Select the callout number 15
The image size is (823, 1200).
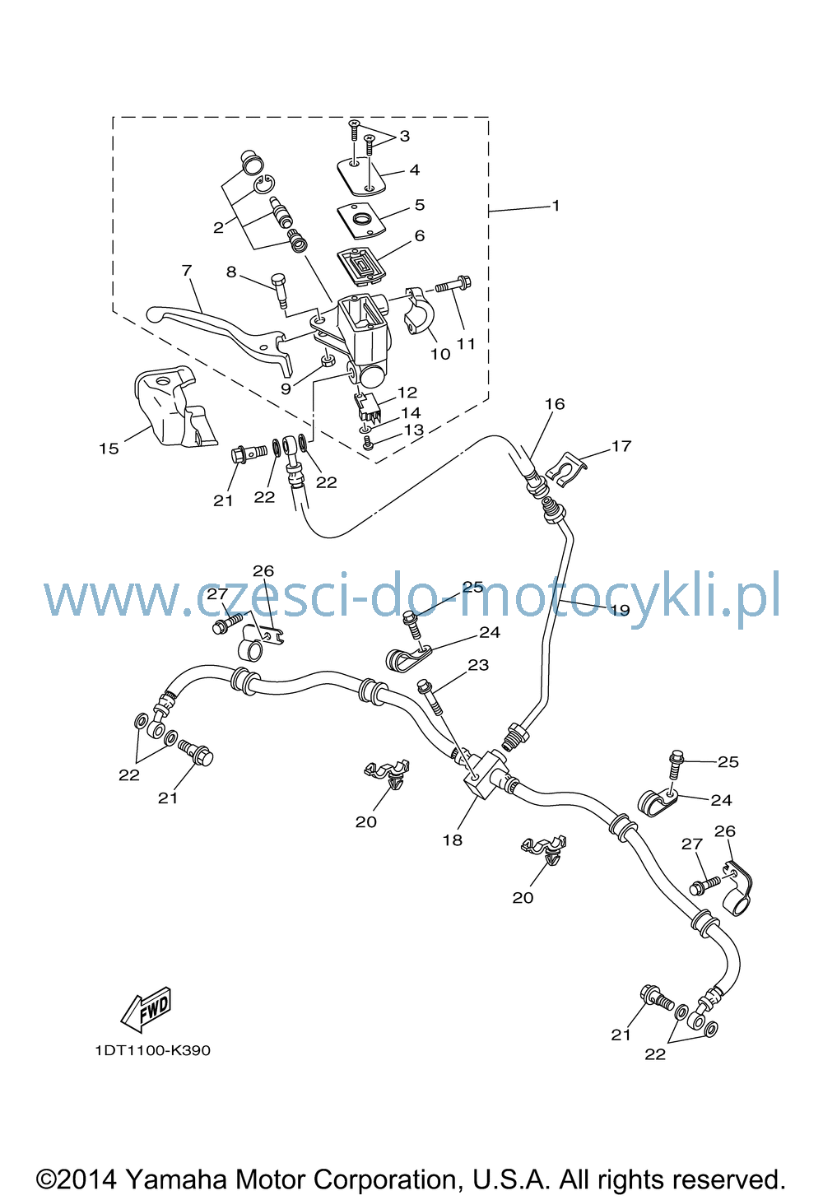click(109, 449)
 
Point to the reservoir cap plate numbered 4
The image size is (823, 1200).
click(361, 175)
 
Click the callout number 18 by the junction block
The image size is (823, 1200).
click(452, 840)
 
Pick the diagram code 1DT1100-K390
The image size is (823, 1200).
click(153, 1050)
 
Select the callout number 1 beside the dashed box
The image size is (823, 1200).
click(556, 206)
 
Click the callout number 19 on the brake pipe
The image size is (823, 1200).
click(620, 610)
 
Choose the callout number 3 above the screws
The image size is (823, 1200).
click(405, 136)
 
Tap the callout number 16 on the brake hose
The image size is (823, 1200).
click(555, 403)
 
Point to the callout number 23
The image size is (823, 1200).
click(478, 665)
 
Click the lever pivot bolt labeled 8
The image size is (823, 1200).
click(281, 291)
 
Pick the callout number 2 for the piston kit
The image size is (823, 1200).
click(218, 228)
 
